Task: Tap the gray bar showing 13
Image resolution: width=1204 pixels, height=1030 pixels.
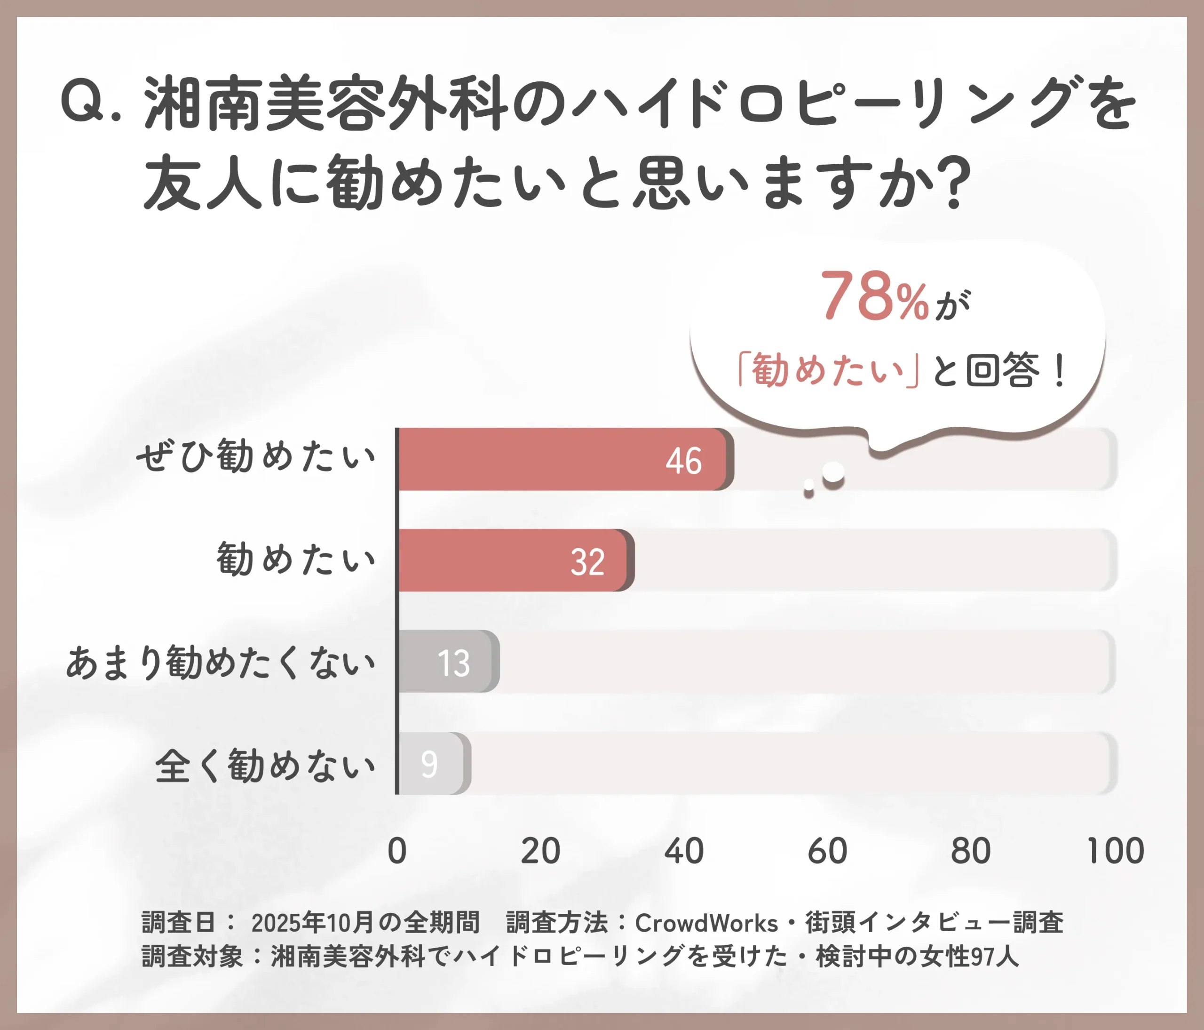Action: tap(447, 662)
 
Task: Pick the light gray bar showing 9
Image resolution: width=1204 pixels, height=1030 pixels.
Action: tap(433, 763)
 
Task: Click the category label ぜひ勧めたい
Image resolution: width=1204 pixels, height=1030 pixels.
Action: tap(256, 456)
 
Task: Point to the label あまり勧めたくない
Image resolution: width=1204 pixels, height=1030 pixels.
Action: tap(221, 662)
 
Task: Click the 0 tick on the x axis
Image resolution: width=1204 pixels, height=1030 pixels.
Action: tap(397, 851)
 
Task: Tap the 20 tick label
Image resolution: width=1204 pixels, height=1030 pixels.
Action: tap(540, 851)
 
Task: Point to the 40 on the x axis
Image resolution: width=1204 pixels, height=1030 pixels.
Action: tap(684, 851)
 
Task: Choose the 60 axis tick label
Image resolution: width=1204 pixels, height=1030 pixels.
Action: tap(827, 851)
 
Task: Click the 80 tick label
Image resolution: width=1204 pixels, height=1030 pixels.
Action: tap(970, 851)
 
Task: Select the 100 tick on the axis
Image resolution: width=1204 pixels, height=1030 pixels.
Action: tap(1115, 851)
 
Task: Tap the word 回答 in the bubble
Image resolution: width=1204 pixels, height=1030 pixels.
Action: tap(1002, 370)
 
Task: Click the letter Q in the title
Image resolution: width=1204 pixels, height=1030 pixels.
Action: tap(81, 103)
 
